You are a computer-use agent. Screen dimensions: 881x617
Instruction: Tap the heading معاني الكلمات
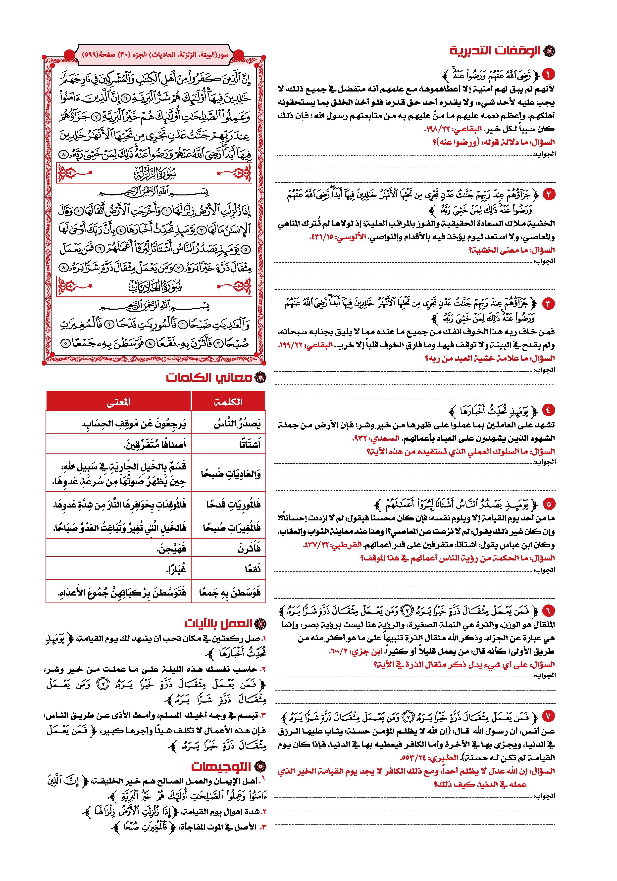pyautogui.click(x=209, y=377)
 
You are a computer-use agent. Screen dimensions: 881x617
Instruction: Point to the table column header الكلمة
pyautogui.click(x=228, y=402)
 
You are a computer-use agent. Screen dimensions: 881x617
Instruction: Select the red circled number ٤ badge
pyautogui.click(x=548, y=411)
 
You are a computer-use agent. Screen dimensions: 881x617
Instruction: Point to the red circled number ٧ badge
pyautogui.click(x=548, y=716)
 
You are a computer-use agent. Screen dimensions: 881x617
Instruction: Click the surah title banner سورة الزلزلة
pyautogui.click(x=154, y=174)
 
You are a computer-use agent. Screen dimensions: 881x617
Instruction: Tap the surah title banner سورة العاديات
pyautogui.click(x=154, y=287)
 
